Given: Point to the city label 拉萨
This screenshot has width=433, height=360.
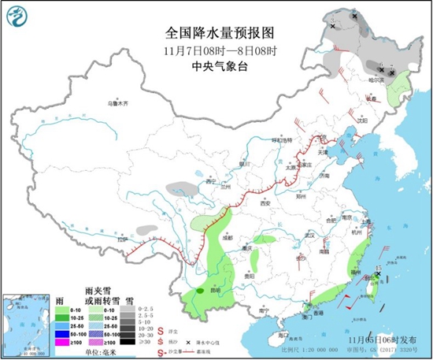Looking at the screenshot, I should (x=122, y=239).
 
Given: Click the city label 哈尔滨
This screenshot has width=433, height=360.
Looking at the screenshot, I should (x=377, y=79).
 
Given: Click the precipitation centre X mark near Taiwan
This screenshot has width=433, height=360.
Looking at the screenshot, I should (x=379, y=274).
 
